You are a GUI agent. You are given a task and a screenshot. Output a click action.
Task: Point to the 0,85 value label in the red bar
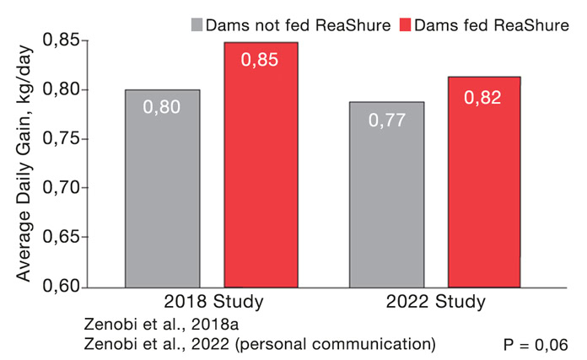click(260, 60)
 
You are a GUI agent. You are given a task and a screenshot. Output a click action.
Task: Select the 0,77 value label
click(387, 120)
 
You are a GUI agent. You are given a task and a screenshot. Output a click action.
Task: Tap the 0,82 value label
click(483, 97)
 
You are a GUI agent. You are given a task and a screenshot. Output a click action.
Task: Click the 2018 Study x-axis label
click(213, 301)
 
